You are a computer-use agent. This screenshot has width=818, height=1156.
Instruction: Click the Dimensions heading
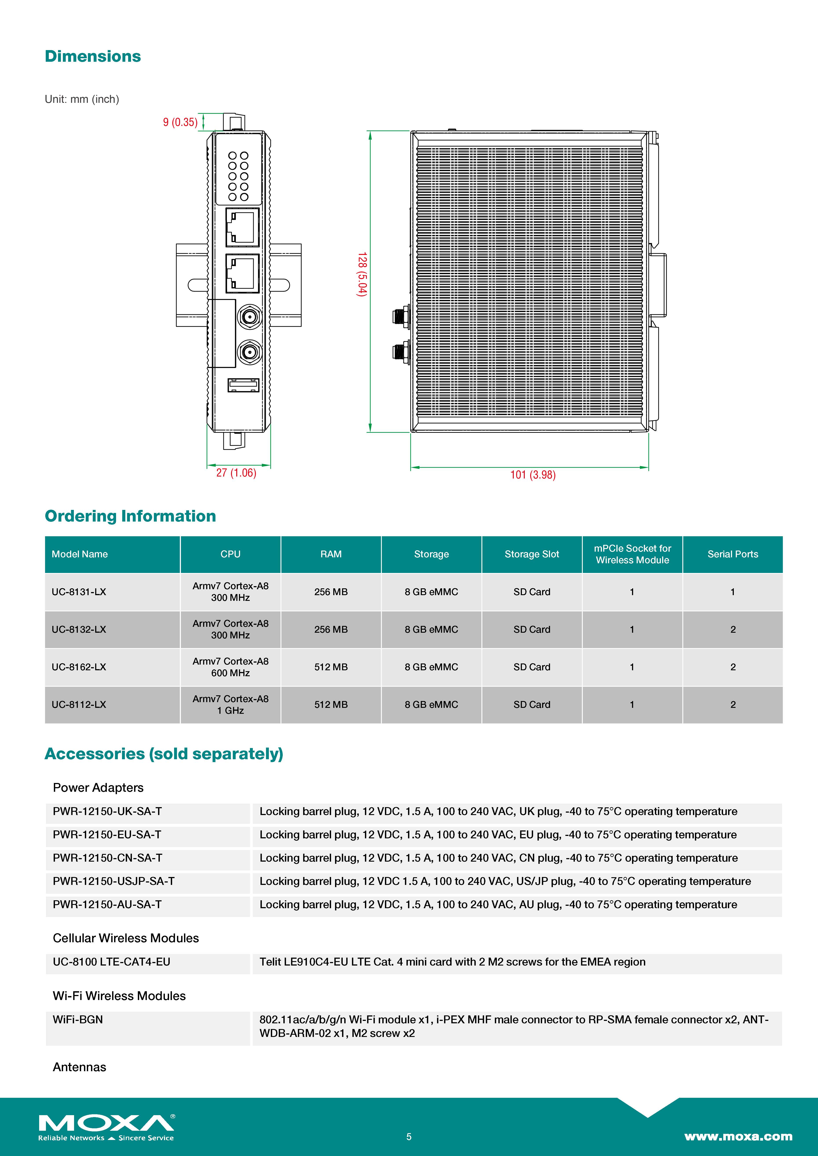[x=93, y=56]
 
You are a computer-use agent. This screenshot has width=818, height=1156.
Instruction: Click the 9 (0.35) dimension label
[x=180, y=122]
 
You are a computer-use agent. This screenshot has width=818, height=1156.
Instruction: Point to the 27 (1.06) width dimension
[x=236, y=473]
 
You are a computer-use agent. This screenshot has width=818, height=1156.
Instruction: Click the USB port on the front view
[x=243, y=385]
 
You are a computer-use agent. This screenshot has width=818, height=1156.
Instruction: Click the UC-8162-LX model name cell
[x=79, y=667]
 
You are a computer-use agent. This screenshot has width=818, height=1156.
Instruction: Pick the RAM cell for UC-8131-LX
[x=331, y=592]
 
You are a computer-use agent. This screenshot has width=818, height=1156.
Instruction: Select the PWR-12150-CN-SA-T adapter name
[x=107, y=858]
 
